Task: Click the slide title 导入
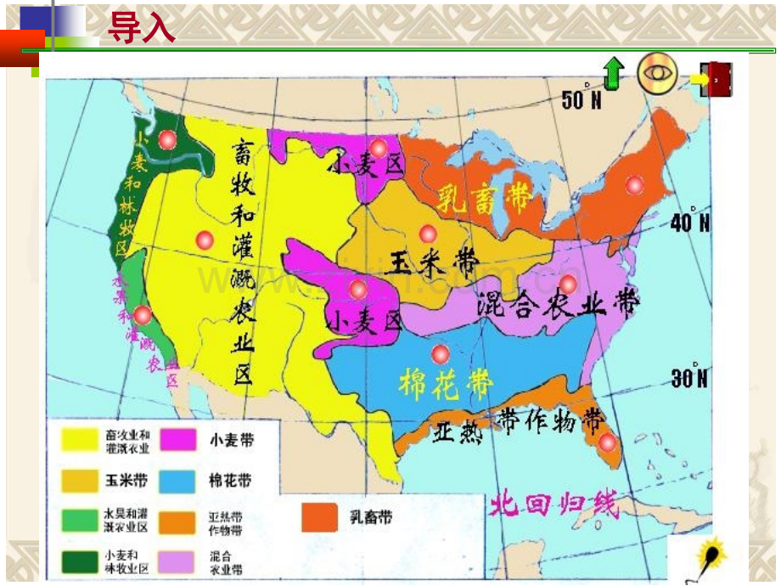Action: (x=141, y=28)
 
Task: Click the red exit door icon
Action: (x=715, y=79)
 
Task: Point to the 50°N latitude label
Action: (x=582, y=101)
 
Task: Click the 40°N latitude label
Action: (x=689, y=223)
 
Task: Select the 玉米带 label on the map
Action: (x=430, y=262)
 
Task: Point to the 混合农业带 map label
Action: (x=558, y=301)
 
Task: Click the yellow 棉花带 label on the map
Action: (x=446, y=385)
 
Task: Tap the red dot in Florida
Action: (x=606, y=442)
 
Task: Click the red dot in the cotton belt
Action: (x=440, y=353)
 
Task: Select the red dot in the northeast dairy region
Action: (x=633, y=184)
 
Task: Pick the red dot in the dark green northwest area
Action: (x=168, y=140)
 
